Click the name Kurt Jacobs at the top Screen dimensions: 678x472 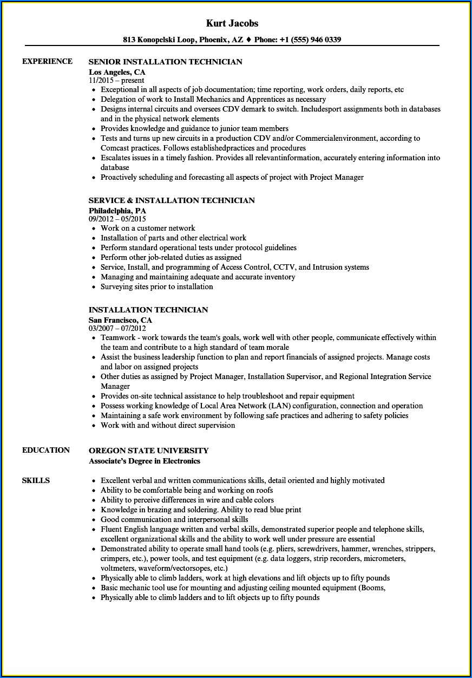click(x=232, y=23)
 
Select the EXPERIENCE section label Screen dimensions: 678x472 click(x=47, y=61)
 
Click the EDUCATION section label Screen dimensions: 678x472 click(x=46, y=450)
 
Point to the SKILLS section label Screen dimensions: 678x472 click(x=36, y=480)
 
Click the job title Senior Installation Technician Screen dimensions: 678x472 click(x=165, y=62)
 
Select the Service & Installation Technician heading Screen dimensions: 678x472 click(x=172, y=200)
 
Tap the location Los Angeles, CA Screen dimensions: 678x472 click(x=117, y=71)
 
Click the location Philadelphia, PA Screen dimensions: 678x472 click(x=117, y=210)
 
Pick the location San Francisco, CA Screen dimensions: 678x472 click(x=120, y=320)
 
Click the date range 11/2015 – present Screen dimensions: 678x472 click(x=116, y=80)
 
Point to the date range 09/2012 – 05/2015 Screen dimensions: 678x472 click(x=117, y=219)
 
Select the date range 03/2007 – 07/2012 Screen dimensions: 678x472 click(x=117, y=328)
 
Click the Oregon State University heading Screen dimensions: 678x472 click(x=148, y=451)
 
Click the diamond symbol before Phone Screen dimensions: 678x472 click(x=248, y=40)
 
